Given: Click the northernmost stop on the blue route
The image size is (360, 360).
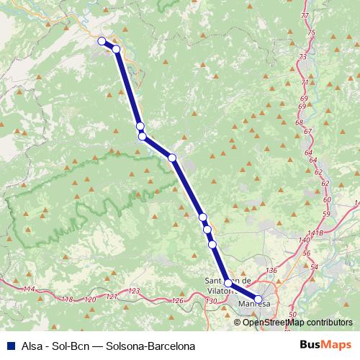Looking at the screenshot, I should (x=102, y=41).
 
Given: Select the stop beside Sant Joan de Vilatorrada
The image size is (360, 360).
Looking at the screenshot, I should (x=228, y=283).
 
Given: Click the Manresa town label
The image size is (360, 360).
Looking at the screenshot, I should (x=253, y=305).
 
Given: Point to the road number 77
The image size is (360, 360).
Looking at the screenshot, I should (x=307, y=15).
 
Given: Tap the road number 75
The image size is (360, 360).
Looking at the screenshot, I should (x=311, y=32).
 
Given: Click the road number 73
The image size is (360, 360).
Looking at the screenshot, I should (x=302, y=56).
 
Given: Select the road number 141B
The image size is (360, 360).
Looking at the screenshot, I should (x=314, y=233).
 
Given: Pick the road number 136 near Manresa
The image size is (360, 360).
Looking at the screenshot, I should (x=271, y=270).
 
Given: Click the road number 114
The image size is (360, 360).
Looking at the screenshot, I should (x=29, y=289).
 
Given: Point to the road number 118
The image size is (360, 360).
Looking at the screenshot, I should (x=68, y=299).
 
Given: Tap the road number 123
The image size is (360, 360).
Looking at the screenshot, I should (x=133, y=291).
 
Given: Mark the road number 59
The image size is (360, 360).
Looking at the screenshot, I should (x=326, y=215).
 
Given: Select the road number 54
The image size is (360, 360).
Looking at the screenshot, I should (x=313, y=266).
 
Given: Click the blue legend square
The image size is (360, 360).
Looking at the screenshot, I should (x=10, y=346).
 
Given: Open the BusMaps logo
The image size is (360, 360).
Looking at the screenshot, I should (x=325, y=346).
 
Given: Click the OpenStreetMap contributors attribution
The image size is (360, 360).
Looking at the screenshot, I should (x=293, y=322).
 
